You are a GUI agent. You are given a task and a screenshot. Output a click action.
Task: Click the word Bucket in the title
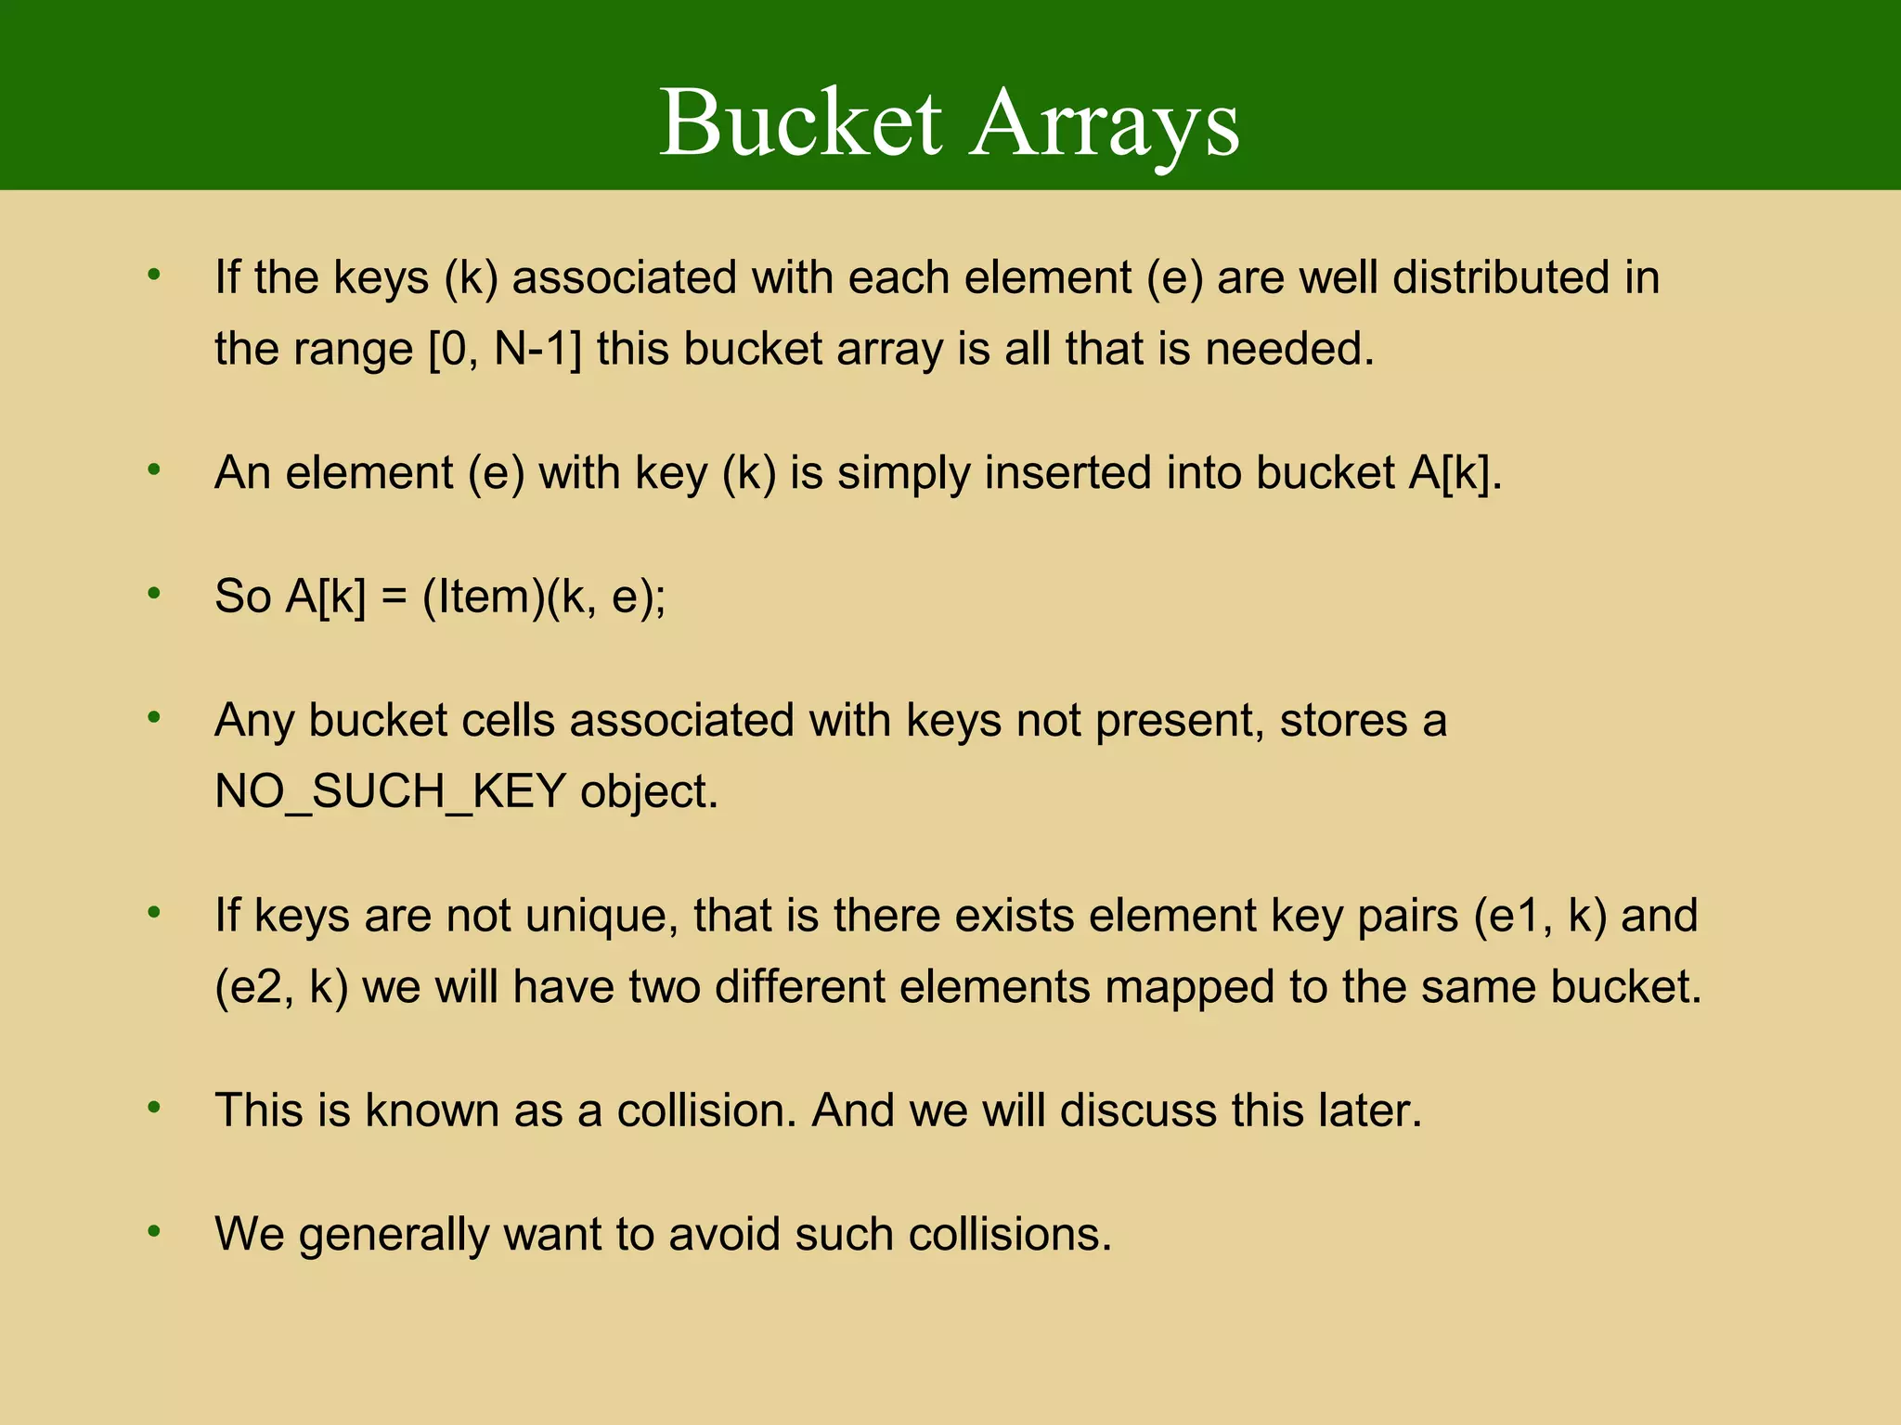800,123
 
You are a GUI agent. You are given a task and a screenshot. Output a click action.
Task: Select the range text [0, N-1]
505,350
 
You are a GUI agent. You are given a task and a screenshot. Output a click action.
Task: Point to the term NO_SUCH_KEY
390,792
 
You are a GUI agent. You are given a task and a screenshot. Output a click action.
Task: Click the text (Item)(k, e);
544,596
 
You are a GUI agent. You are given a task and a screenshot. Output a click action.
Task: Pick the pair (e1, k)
1540,916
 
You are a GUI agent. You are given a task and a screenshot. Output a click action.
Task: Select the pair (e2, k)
281,987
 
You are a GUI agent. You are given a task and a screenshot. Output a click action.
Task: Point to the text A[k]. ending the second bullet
1455,472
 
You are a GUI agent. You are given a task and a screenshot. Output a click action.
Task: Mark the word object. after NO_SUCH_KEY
649,792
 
